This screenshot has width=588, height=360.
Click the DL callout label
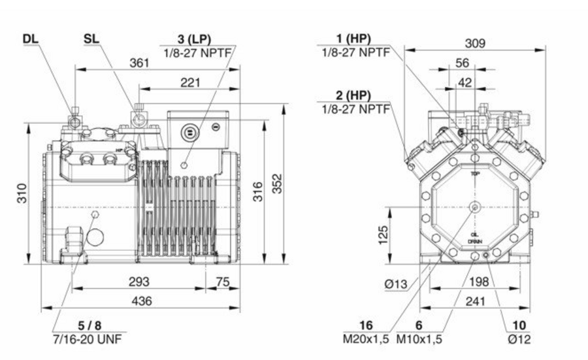point(30,39)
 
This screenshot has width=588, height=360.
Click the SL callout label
point(92,39)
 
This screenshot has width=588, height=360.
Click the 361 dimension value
point(139,63)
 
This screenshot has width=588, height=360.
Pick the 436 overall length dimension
point(142,301)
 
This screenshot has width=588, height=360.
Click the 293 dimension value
point(138,282)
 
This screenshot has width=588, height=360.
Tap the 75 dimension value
point(222,282)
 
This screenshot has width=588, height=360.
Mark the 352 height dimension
point(277,185)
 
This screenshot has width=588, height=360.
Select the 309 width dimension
point(475,43)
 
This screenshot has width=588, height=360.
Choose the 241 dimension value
point(474,301)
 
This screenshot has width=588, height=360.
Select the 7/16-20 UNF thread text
point(89,338)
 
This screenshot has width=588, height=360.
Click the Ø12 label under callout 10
point(520,338)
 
